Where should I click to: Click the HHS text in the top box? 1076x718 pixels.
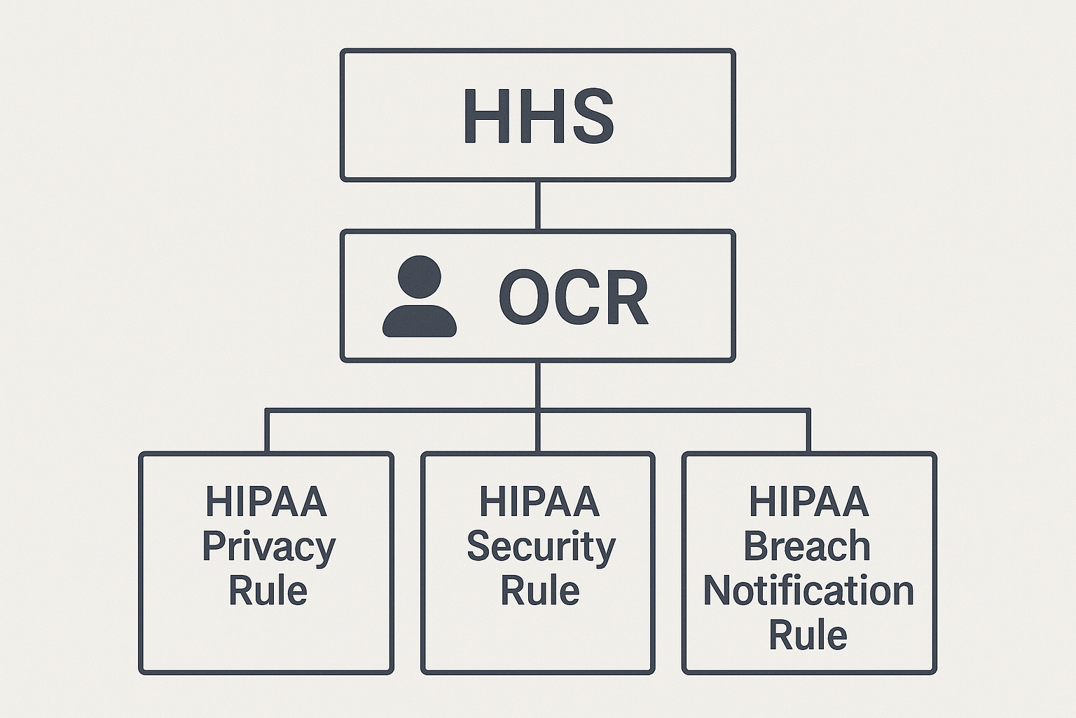(538, 116)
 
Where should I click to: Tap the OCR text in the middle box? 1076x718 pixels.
(574, 298)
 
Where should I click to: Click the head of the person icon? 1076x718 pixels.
(420, 278)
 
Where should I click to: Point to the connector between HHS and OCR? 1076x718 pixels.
(537, 205)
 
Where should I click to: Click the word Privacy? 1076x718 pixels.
(268, 547)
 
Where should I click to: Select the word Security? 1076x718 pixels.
(540, 547)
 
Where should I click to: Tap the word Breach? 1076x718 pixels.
(807, 547)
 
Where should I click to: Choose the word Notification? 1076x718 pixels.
(808, 591)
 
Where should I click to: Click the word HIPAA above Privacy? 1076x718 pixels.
(266, 502)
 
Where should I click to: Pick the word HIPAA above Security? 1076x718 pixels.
(539, 502)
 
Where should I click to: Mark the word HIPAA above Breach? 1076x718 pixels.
(809, 502)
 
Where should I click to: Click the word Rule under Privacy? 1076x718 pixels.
(268, 591)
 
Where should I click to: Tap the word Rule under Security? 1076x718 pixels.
(539, 591)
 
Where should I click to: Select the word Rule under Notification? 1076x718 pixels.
(808, 635)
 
